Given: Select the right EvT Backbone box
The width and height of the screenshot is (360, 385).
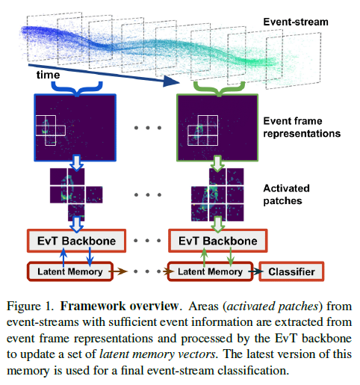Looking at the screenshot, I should pos(214,241).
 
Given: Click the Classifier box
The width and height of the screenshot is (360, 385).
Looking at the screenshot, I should pos(291,271).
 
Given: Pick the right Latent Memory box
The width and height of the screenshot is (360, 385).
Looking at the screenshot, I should pos(210,271).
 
